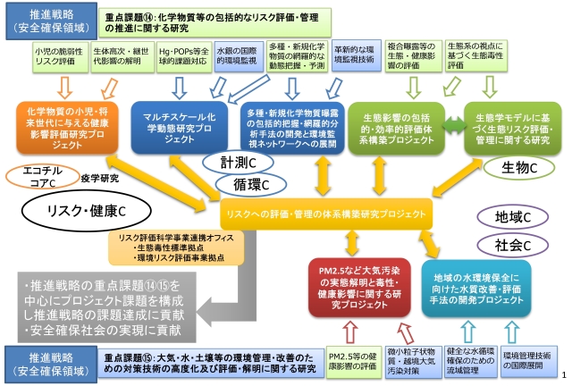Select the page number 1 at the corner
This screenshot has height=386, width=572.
coord(565,378)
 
